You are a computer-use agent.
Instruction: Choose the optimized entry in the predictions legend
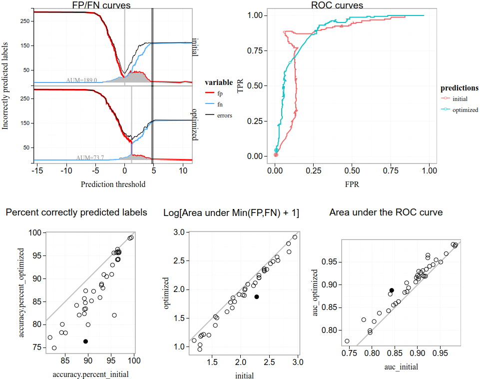point(465,110)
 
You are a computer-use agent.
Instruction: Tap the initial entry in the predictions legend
point(460,99)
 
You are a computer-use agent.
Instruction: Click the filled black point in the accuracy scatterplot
point(85,341)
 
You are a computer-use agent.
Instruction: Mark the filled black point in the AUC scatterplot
point(392,290)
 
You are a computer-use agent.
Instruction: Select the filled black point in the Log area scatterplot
point(257,296)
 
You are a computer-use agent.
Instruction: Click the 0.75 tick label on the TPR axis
point(256,50)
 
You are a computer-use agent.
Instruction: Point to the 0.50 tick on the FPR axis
point(352,170)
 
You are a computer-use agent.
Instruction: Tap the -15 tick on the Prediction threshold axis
point(36,170)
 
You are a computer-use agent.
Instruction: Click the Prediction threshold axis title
point(113,184)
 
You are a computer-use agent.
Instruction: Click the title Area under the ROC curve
point(386,212)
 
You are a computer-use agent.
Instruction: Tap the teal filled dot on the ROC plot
point(276,150)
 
